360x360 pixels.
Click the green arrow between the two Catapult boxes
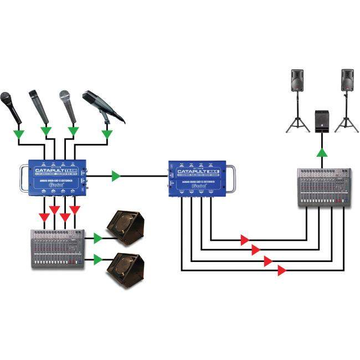pos(116,176)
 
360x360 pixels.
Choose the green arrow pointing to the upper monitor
pos(98,238)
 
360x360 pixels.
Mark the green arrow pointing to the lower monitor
pos(98,259)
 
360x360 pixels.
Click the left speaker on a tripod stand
pos(299,83)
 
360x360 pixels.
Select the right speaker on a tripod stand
pos(347,83)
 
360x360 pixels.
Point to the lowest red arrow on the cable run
pos(281,270)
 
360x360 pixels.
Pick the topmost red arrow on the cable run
pos(244,240)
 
